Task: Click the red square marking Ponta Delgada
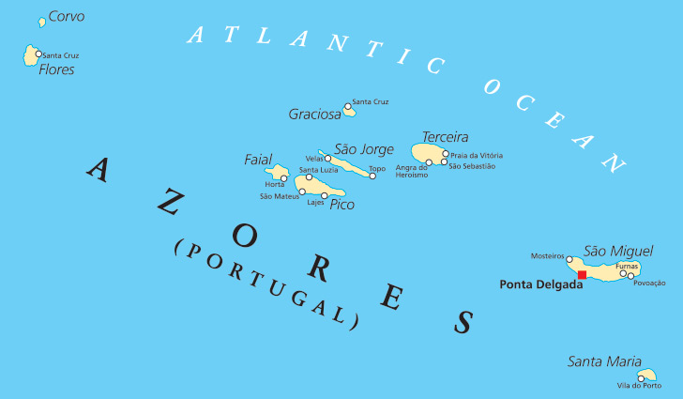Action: pyautogui.click(x=582, y=275)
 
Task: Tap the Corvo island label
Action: pyautogui.click(x=66, y=16)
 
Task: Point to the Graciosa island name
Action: pyautogui.click(x=314, y=115)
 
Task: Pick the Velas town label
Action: pyautogui.click(x=314, y=159)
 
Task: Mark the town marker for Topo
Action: pyautogui.click(x=372, y=176)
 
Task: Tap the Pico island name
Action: pyautogui.click(x=342, y=204)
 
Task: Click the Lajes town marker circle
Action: pyautogui.click(x=325, y=195)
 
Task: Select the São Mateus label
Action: pyautogui.click(x=280, y=196)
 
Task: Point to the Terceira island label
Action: pyautogui.click(x=445, y=137)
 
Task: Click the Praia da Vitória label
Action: pyautogui.click(x=476, y=155)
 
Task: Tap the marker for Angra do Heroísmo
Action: pyautogui.click(x=429, y=162)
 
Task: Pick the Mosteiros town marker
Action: pyautogui.click(x=569, y=259)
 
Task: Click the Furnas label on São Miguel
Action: pyautogui.click(x=627, y=266)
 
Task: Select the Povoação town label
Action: pyautogui.click(x=649, y=283)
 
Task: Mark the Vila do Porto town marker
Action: pyautogui.click(x=642, y=378)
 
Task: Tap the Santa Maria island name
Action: pyautogui.click(x=605, y=361)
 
